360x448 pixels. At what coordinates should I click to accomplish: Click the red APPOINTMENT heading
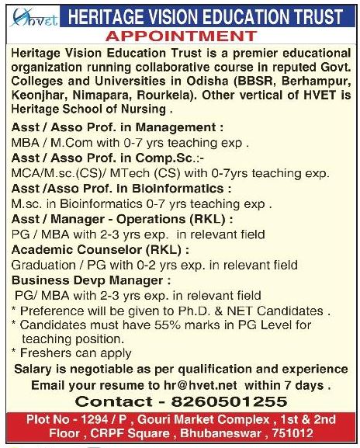(180, 36)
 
